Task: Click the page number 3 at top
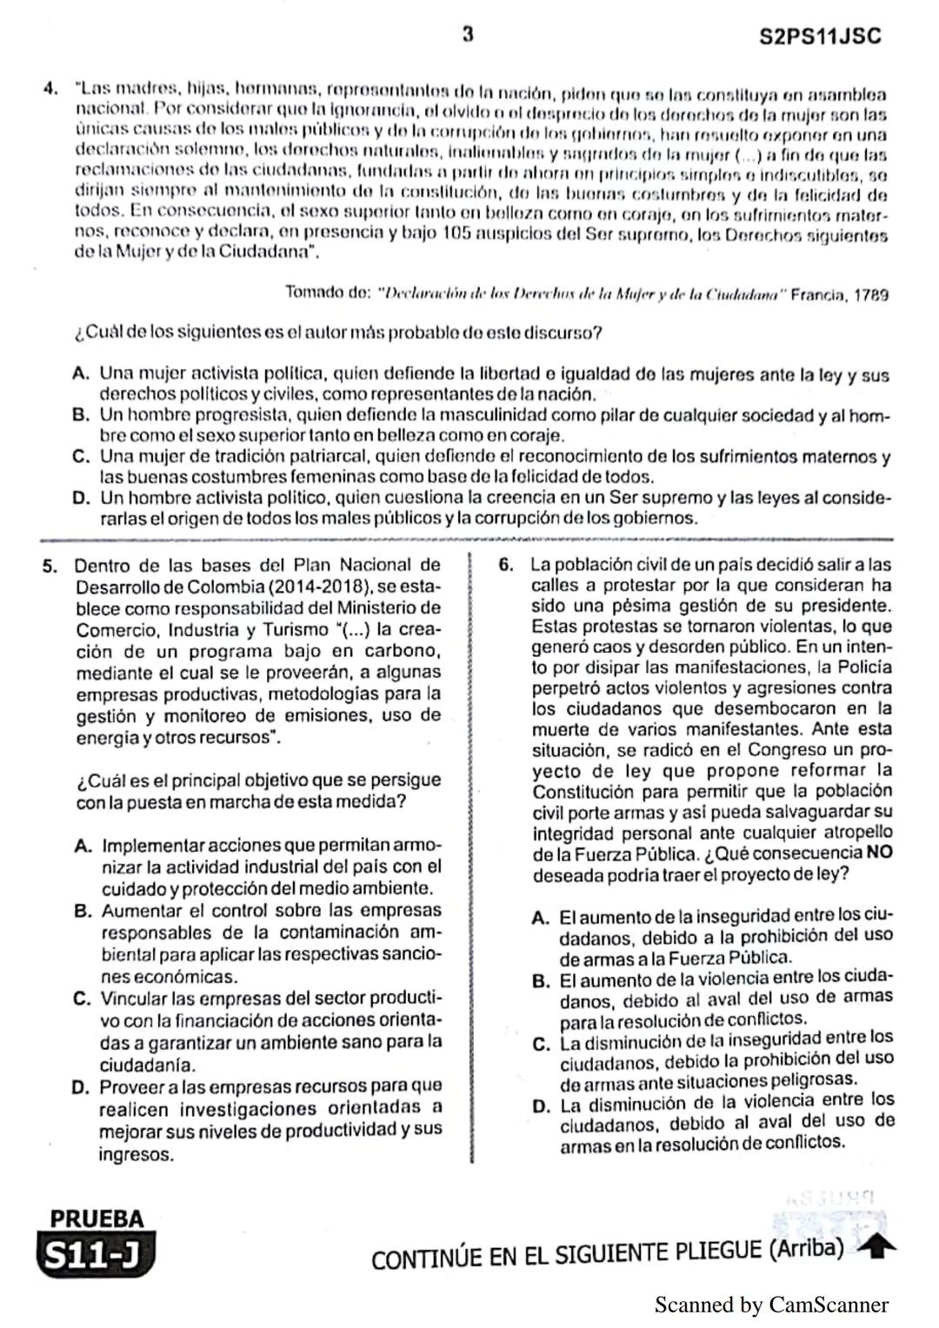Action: coord(468,35)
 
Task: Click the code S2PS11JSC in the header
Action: coord(819,37)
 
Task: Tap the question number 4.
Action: coord(50,90)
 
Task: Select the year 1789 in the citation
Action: coord(871,295)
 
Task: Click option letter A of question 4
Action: coord(82,374)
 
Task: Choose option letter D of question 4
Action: coord(82,498)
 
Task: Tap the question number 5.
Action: coord(50,566)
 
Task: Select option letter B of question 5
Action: coord(83,911)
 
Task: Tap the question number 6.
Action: coord(506,565)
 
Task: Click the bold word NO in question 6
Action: coord(879,853)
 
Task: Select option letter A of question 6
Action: coord(541,918)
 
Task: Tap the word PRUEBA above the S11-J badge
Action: coord(97,1218)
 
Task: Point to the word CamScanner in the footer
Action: coord(829,1305)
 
